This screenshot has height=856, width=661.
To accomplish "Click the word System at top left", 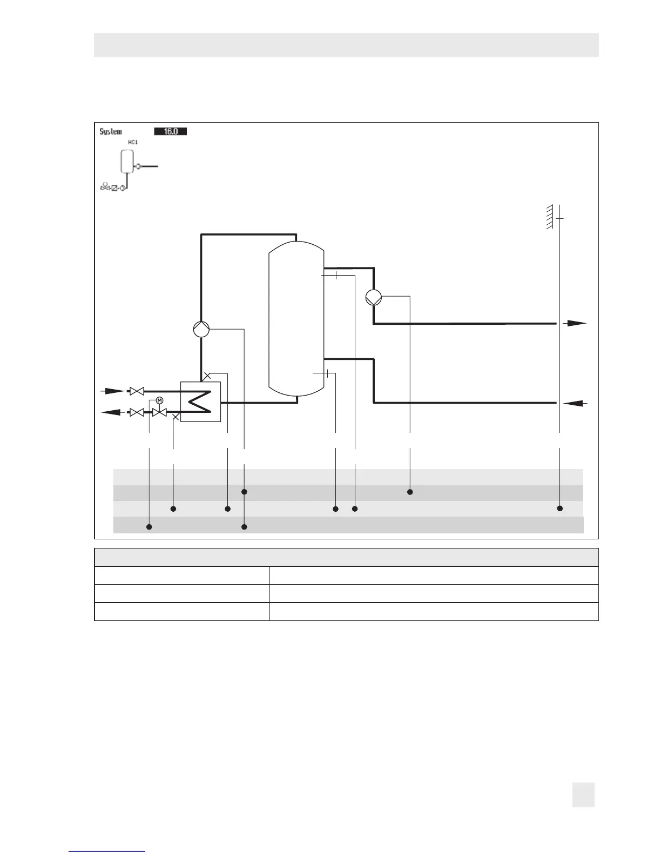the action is (111, 131).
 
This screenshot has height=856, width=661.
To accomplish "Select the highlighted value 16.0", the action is (170, 131).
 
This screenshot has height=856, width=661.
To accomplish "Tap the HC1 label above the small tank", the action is (132, 143).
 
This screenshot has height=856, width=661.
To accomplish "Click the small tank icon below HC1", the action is (127, 160).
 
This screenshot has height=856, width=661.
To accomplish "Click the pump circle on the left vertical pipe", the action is (201, 329).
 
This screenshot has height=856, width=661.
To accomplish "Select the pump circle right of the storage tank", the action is (374, 297).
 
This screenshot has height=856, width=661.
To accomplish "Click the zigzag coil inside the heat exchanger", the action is (200, 402).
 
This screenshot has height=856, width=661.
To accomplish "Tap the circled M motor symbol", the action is (159, 400).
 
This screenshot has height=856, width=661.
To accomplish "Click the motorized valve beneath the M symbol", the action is (159, 412).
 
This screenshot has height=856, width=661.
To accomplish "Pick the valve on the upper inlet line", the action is (137, 391).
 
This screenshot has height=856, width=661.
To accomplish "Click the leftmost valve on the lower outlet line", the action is (137, 412).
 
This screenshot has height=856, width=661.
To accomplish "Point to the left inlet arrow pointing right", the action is (112, 390).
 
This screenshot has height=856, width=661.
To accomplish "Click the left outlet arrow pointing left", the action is (112, 412).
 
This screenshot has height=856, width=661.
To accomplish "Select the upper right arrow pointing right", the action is (575, 323).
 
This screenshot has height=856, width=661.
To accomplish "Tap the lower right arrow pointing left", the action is (575, 403).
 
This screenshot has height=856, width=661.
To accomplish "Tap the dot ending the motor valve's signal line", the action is (150, 526).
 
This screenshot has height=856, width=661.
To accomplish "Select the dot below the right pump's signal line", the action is (410, 492).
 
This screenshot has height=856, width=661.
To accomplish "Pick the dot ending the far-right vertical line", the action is (560, 509).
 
